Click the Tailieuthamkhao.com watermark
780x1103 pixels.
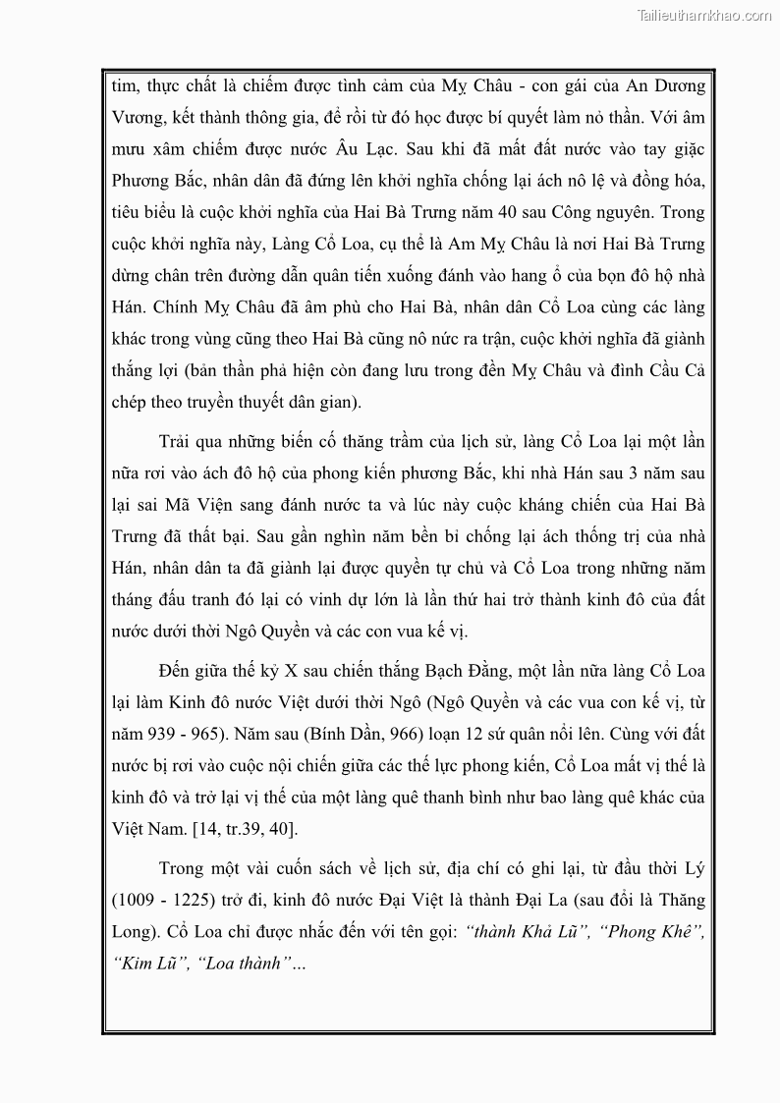[x=703, y=15]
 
